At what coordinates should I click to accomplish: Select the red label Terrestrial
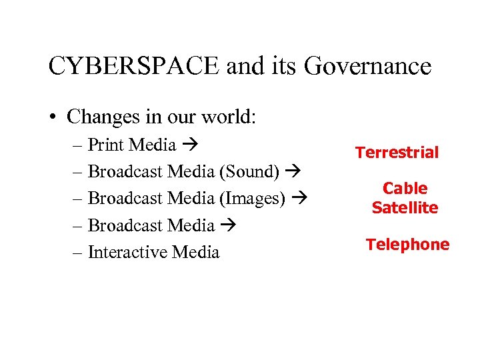(397, 153)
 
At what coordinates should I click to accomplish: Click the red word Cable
(405, 189)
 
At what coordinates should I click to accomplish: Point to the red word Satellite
(405, 207)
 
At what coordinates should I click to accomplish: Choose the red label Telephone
(407, 245)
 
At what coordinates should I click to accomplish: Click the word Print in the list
(106, 145)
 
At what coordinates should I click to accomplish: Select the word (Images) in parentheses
(253, 198)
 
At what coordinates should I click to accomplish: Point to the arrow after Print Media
(189, 145)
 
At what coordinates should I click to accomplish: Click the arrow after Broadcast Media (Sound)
(292, 171)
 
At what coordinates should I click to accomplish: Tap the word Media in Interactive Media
(195, 252)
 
